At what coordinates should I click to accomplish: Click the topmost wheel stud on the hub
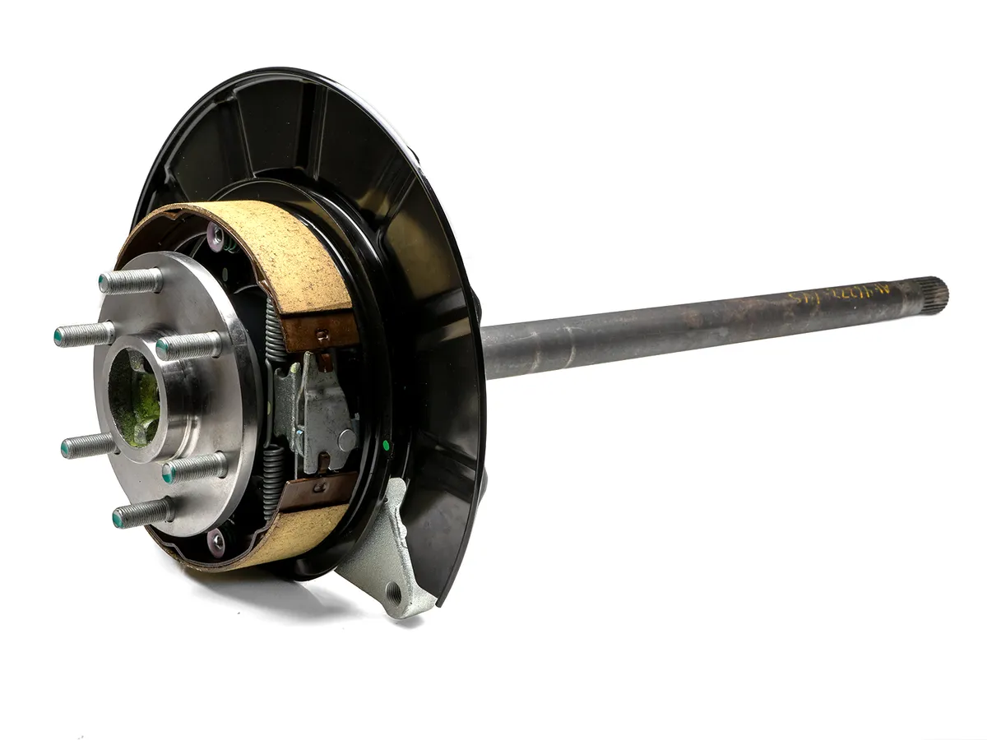coord(130,282)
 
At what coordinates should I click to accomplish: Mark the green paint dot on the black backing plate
coord(386,446)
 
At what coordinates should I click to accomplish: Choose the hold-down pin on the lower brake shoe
coord(215,541)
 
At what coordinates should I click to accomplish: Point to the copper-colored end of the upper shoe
coord(321,329)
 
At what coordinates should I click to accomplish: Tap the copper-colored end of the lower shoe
coord(317,491)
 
